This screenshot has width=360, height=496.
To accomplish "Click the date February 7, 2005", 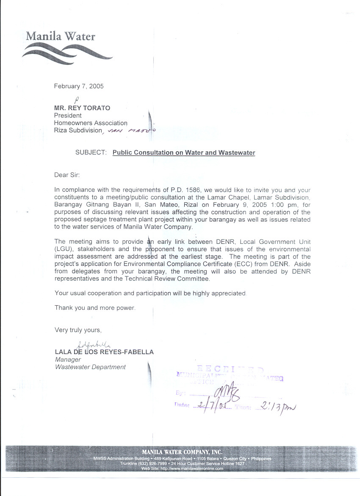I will [x=79, y=86].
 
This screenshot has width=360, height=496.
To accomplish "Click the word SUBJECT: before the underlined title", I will [x=91, y=153].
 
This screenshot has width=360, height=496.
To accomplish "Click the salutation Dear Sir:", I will [x=67, y=175].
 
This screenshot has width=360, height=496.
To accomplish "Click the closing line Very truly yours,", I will [x=78, y=330].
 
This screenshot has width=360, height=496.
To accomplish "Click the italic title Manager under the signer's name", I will [x=68, y=359].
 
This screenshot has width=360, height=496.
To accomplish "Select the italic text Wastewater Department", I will [x=90, y=367].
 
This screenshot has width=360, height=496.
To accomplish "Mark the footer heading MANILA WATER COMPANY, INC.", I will [x=182, y=452].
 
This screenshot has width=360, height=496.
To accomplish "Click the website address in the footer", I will [x=182, y=468].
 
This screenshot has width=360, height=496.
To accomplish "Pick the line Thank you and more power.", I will [x=95, y=308].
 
